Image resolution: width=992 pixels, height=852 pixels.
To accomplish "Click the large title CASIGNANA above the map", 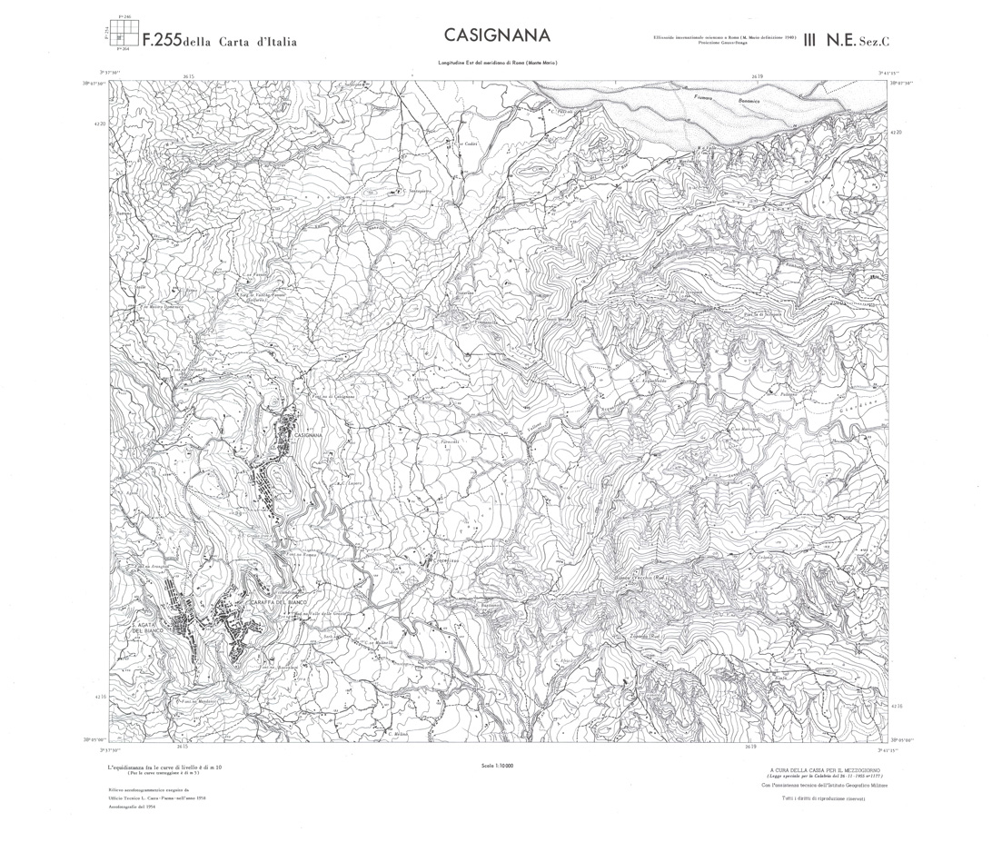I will pos(497,35).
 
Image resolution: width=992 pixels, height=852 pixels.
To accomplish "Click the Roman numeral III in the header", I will pos(808,39).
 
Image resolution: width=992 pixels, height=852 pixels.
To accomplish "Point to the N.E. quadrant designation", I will pos(840,39).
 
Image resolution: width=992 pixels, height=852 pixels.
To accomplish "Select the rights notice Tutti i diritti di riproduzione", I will pos(826,798).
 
